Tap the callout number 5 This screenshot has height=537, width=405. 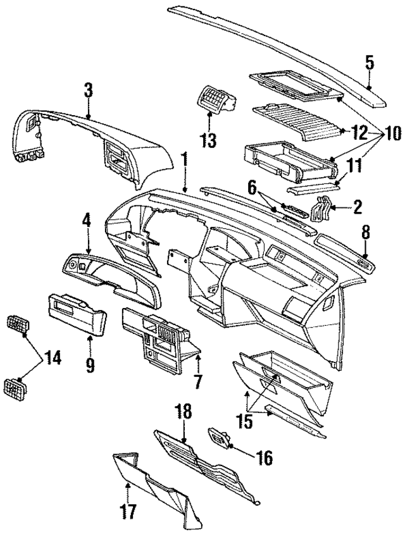click(x=369, y=62)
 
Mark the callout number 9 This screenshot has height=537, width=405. click(x=90, y=364)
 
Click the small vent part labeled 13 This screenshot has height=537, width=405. click(x=215, y=99)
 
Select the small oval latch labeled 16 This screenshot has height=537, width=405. click(x=219, y=436)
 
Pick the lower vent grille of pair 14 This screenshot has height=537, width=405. click(x=16, y=385)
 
